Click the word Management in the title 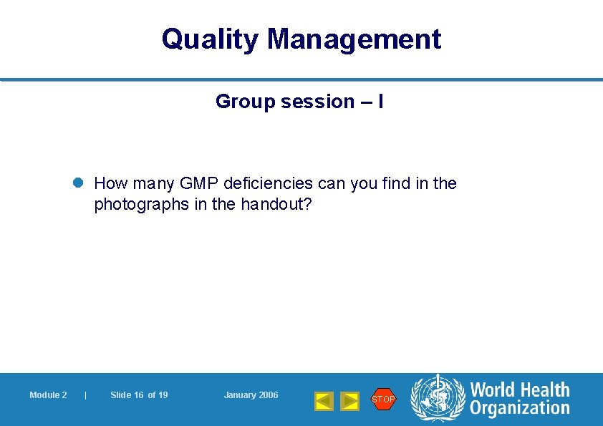click(x=354, y=39)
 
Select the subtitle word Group click(x=246, y=102)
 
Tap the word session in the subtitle click(x=317, y=102)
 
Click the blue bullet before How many click(x=79, y=183)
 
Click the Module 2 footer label click(x=48, y=395)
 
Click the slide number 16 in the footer click(x=139, y=395)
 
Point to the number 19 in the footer click(x=163, y=395)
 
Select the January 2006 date click(x=251, y=395)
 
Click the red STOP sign click(x=383, y=399)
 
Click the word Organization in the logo click(x=520, y=409)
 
